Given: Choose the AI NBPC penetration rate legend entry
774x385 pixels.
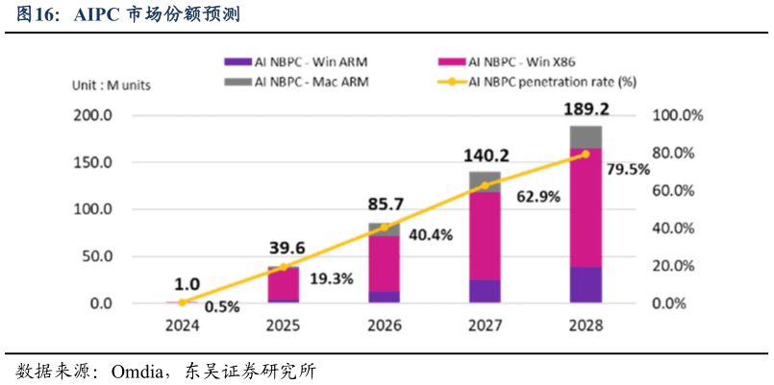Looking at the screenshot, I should [x=544, y=83].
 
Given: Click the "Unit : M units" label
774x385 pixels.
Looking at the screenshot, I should [x=112, y=84].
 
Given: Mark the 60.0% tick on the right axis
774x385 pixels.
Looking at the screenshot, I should [x=680, y=191].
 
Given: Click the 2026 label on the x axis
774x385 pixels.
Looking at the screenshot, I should [x=384, y=325].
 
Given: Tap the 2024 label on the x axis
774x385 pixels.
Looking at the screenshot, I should [x=182, y=325].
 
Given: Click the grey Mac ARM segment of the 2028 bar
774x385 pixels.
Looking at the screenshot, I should [x=586, y=137].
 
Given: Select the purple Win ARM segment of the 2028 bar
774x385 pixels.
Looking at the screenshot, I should [x=586, y=285].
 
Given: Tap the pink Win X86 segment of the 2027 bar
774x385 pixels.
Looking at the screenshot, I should [x=485, y=235].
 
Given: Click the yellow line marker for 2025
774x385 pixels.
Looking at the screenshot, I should [x=283, y=267].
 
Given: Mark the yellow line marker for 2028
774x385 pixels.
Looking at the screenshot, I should [x=586, y=154].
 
